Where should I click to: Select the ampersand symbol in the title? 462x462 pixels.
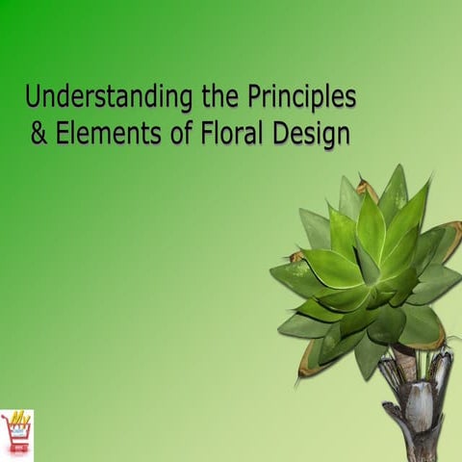[38, 134]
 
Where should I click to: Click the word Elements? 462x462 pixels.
[103, 134]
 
